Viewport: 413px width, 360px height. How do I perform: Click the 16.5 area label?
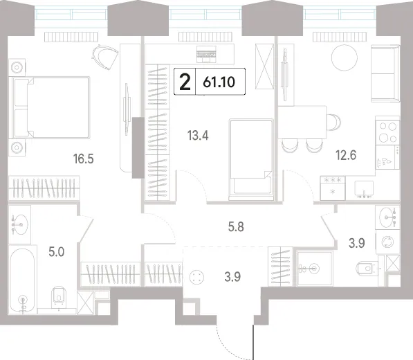coord(84,159)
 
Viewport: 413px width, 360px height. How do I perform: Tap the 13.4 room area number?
coord(198,136)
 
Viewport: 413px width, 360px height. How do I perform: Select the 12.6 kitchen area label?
coord(346,155)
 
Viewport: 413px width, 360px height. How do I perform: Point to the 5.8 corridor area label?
coord(236,226)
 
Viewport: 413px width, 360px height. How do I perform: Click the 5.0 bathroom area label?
coord(57,252)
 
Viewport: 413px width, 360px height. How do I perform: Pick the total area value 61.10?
coord(219,82)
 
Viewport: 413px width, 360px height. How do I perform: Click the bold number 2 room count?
coord(185,82)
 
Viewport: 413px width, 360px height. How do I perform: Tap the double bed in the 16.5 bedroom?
coord(50,107)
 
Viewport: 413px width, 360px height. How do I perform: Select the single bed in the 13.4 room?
coord(251,159)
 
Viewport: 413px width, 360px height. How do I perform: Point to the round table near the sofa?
coord(345,57)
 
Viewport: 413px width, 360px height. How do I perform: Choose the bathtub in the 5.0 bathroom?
coord(23,280)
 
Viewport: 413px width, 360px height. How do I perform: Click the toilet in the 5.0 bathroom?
coord(59,297)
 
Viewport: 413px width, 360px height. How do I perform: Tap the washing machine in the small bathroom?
coord(387,242)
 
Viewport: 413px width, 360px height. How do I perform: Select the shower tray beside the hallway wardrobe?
coord(315,269)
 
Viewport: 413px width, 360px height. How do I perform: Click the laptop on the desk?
coord(206,54)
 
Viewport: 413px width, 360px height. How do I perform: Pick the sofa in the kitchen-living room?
coord(385,73)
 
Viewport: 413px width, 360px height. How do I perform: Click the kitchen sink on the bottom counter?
coord(364,189)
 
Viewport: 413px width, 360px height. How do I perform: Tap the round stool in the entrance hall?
coord(196,278)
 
